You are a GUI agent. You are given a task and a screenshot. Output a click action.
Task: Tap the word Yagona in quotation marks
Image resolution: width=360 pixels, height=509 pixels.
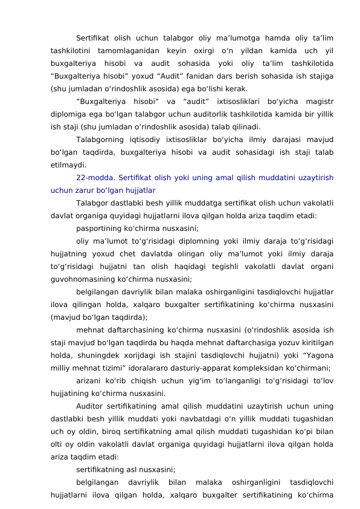pos(315,352)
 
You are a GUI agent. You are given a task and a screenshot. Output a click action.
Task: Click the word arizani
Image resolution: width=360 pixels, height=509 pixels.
pos(89,380)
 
